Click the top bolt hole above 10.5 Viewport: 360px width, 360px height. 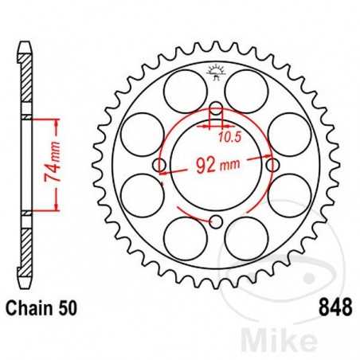point(216,110)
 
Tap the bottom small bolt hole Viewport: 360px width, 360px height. point(216,221)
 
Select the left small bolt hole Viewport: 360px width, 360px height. point(160,166)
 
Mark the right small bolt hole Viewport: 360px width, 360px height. point(272,166)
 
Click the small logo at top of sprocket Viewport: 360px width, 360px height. point(216,72)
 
